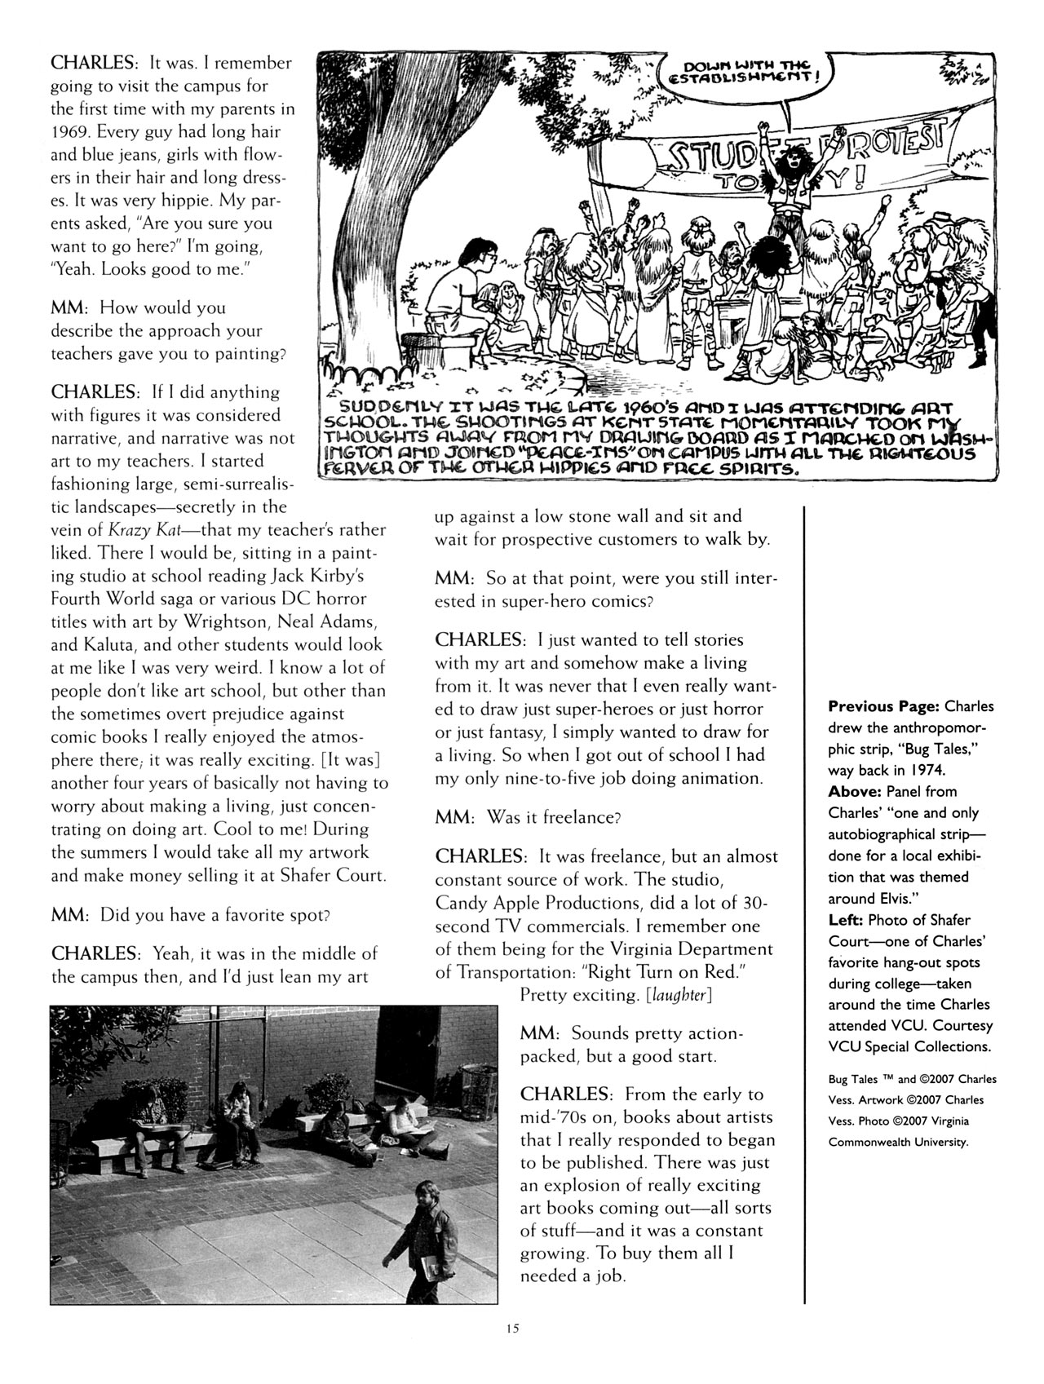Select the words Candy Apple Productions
[529, 903]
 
